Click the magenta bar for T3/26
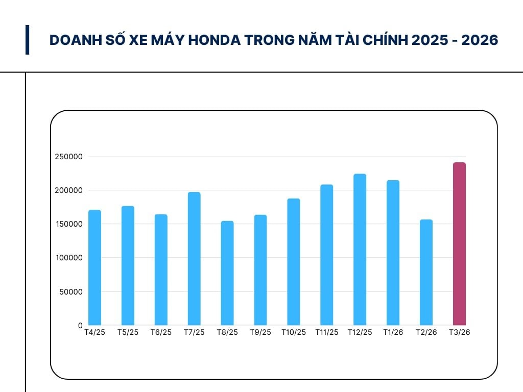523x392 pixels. pos(459,244)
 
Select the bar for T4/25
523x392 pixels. pos(94,267)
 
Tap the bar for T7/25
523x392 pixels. pos(194,258)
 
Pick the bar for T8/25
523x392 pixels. pos(227,273)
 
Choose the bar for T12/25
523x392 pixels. pos(360,250)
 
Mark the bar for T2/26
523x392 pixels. pos(426,272)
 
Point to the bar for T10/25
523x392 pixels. pos(294,262)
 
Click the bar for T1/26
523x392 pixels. pos(393,253)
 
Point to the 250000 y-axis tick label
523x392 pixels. pos(68,157)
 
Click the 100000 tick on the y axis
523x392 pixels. pos(68,258)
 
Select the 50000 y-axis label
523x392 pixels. pos(70,292)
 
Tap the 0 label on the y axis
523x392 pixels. pos(80,325)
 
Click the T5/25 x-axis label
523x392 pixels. pos(128,332)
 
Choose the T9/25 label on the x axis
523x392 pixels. pos(260,332)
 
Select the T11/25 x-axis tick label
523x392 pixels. pos(327,332)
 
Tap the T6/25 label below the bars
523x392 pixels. pos(161,332)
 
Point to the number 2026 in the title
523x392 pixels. pos(479,40)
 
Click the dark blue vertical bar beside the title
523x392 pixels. pos(27,40)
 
